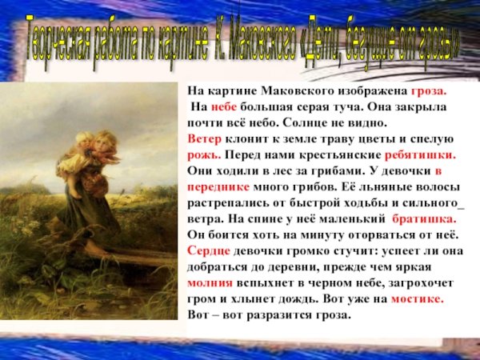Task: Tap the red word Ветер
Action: [205, 138]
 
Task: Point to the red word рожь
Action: [203, 154]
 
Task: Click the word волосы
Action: [434, 186]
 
